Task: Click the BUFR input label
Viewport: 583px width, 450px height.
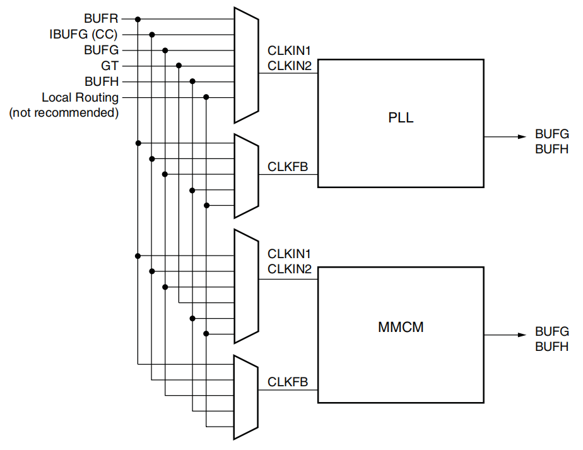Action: pos(101,19)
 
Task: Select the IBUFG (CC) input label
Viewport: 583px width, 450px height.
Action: pos(84,34)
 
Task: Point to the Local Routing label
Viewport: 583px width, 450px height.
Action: pos(80,97)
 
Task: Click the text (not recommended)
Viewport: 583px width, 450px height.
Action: pos(64,113)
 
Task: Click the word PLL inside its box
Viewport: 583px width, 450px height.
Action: pos(401,118)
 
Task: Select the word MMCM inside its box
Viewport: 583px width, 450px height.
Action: pos(401,328)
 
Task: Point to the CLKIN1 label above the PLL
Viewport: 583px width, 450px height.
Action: pos(290,50)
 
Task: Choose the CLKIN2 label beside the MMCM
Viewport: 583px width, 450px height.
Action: pos(290,269)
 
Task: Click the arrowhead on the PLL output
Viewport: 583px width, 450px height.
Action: pos(522,136)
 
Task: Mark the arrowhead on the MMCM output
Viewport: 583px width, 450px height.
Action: pos(522,335)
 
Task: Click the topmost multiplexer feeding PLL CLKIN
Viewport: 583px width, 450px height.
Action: pos(246,65)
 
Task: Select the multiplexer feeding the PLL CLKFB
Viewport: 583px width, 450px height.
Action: pos(246,175)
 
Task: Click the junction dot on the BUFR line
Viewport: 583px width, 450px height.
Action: pos(138,19)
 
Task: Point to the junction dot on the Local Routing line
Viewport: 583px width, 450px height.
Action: pos(206,97)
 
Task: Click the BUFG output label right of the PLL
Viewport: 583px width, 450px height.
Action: pos(551,134)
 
